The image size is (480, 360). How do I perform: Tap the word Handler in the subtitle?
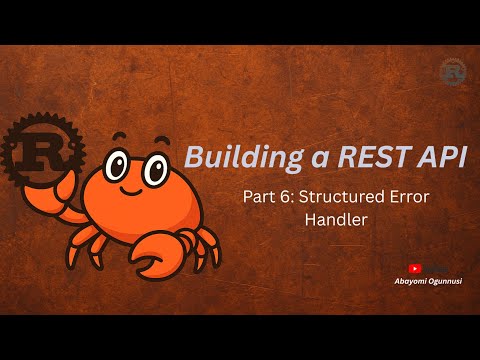335,221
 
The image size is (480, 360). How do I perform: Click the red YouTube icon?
415,268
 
